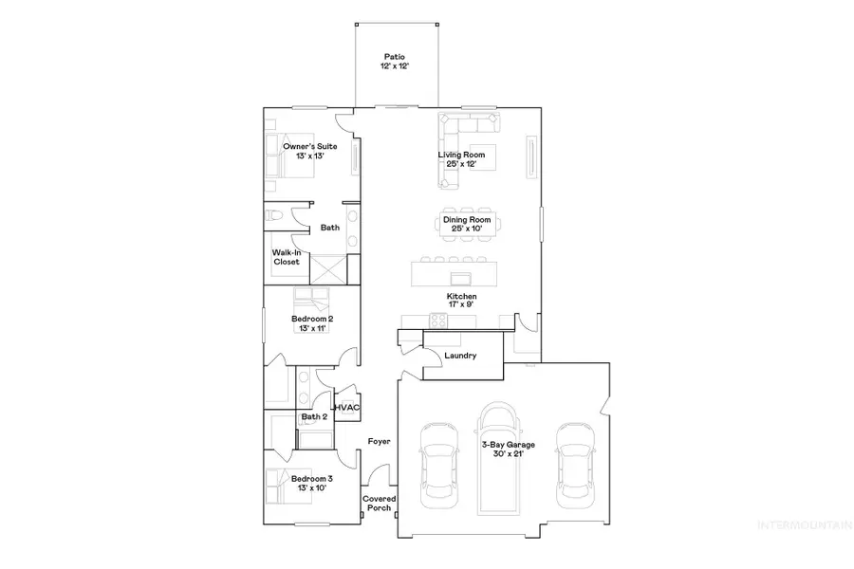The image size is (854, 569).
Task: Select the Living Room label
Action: coord(461,159)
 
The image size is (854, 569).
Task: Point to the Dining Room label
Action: coord(461,225)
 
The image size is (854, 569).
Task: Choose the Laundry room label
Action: coord(459,356)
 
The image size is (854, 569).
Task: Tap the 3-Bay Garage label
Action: coord(507,449)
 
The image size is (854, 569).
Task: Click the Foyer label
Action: coord(379,442)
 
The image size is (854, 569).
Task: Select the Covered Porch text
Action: coord(379,503)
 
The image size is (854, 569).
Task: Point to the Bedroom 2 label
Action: coord(310,324)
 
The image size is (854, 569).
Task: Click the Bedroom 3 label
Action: coord(311,484)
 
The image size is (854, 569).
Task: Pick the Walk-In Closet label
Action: coord(287,257)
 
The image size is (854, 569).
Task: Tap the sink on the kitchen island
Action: coord(462,278)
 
